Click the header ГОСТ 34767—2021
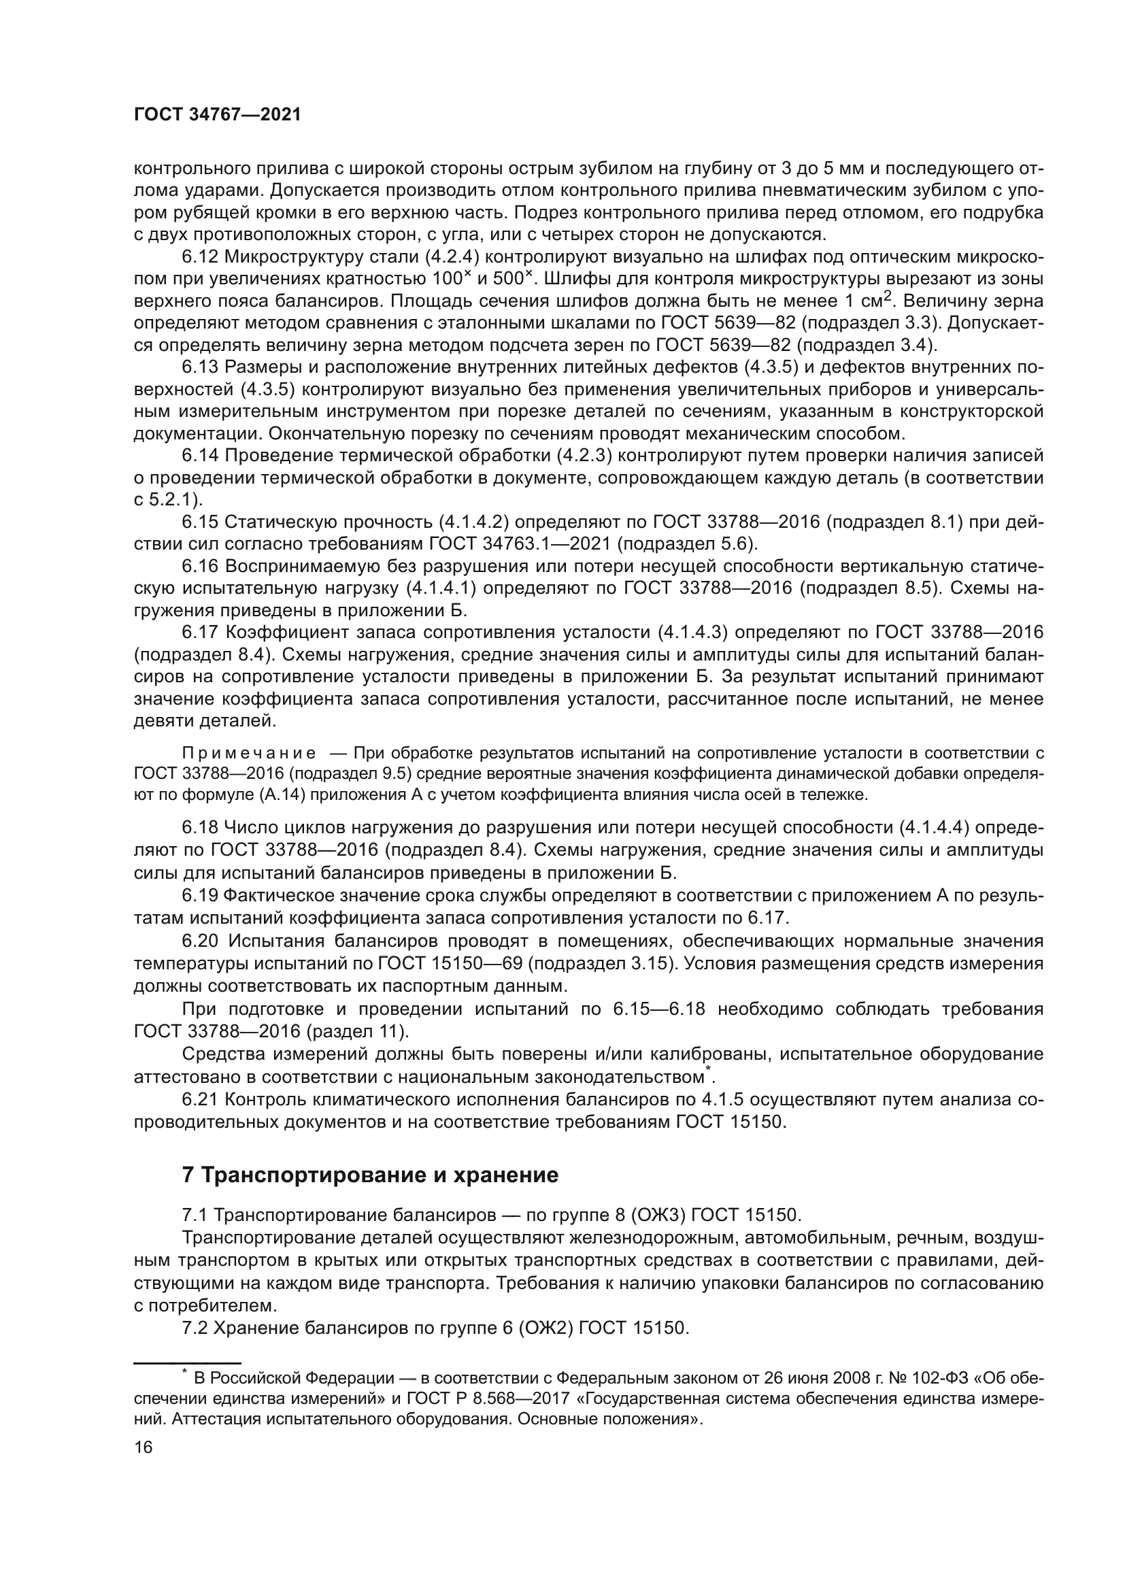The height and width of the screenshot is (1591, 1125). click(217, 115)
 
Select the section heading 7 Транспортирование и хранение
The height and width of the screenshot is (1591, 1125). click(370, 1175)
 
